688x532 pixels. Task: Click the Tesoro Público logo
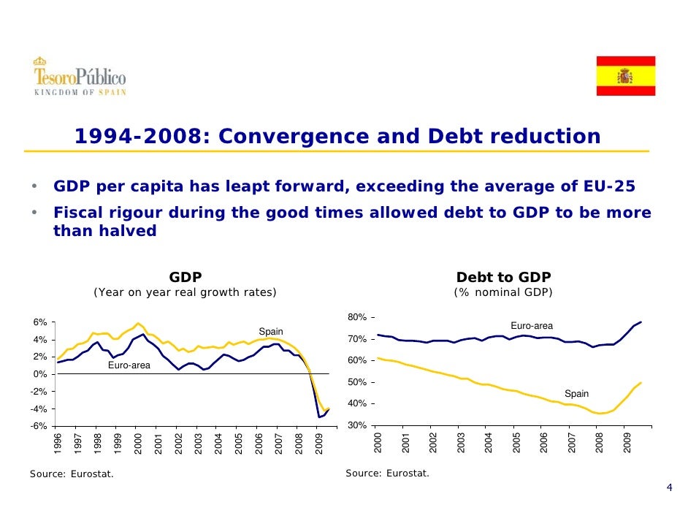(x=79, y=76)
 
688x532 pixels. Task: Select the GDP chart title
(x=186, y=277)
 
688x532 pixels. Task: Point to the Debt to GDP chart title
(x=503, y=277)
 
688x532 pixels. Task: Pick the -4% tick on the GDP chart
(x=38, y=409)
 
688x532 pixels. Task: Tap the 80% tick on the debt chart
(x=358, y=317)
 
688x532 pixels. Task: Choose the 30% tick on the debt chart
(x=358, y=426)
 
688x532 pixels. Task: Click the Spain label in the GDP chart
(x=271, y=331)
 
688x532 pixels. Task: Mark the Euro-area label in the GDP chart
(x=129, y=365)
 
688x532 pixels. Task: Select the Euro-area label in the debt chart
(x=531, y=326)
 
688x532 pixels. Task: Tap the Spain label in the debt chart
(x=576, y=394)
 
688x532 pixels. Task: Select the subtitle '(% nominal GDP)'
(x=503, y=293)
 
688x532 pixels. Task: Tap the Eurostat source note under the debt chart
(x=387, y=474)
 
